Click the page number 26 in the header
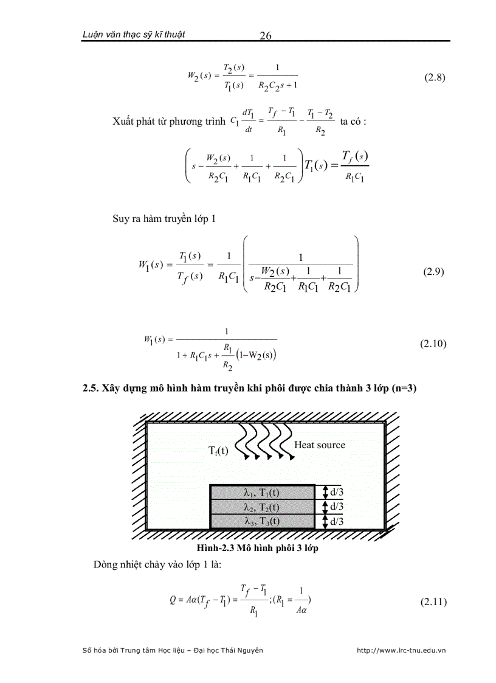[x=265, y=35]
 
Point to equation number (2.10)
[x=433, y=344]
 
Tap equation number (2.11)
[x=433, y=602]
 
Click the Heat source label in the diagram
[x=319, y=445]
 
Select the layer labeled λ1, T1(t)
[x=262, y=492]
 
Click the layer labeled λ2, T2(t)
[x=262, y=507]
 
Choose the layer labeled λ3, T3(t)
[x=262, y=521]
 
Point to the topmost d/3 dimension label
[x=336, y=492]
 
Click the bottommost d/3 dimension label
[x=336, y=521]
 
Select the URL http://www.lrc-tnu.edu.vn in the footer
[x=401, y=650]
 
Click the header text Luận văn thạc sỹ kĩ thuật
[x=134, y=34]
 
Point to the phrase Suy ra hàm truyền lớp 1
[x=164, y=218]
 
